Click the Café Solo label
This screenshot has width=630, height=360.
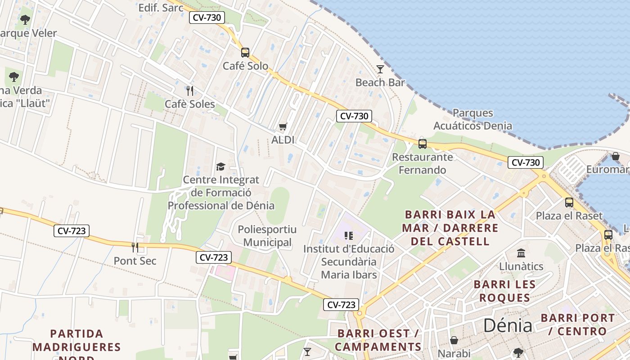tap(245, 66)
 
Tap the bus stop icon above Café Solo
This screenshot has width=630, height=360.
tap(245, 52)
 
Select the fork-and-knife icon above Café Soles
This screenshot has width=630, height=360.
tap(190, 91)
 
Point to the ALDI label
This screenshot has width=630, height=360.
tap(283, 140)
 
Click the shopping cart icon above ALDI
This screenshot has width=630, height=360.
tap(283, 127)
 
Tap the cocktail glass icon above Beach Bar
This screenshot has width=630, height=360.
tap(380, 69)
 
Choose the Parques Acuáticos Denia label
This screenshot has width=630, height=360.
tap(472, 119)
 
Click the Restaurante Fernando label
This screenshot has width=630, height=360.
tap(422, 163)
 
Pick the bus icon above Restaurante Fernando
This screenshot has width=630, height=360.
tap(422, 144)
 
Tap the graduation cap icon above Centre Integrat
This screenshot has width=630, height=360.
tap(220, 166)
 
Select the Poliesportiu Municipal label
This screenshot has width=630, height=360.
tap(267, 236)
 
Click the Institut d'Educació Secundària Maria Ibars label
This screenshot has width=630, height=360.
tap(349, 261)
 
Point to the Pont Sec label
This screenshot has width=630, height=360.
tap(135, 261)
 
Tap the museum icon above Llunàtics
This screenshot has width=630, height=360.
tap(521, 253)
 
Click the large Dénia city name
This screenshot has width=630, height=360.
tap(508, 325)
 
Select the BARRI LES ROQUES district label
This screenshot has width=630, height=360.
tap(504, 291)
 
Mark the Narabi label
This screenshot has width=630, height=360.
tap(454, 353)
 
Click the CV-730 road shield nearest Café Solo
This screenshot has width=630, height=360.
tap(207, 18)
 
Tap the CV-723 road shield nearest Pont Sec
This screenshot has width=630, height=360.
tap(72, 231)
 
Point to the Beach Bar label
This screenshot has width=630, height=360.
tap(380, 82)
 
